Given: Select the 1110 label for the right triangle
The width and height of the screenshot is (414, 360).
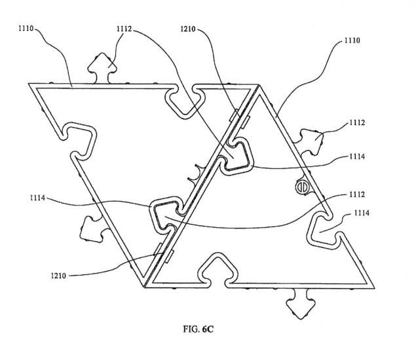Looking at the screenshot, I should pyautogui.click(x=352, y=40).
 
